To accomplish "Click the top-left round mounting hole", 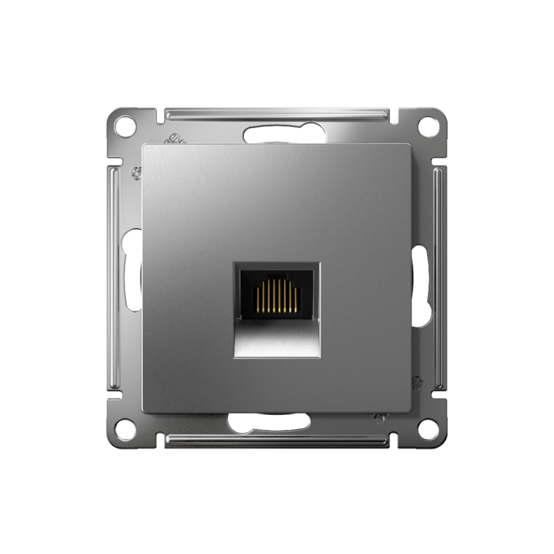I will (x=125, y=127).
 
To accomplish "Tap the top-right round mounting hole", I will (x=429, y=126).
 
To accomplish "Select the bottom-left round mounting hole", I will (x=125, y=429).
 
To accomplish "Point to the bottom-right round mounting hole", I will (x=429, y=429).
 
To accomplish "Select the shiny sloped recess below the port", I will (x=276, y=339).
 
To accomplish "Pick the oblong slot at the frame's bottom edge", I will (x=269, y=422).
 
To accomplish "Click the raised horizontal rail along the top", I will (x=277, y=114).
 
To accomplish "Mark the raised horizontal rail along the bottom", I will (x=277, y=440).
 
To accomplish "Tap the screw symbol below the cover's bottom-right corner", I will (x=379, y=418).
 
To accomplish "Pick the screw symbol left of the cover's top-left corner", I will (x=137, y=173).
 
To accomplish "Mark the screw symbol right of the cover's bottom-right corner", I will (x=416, y=382).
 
